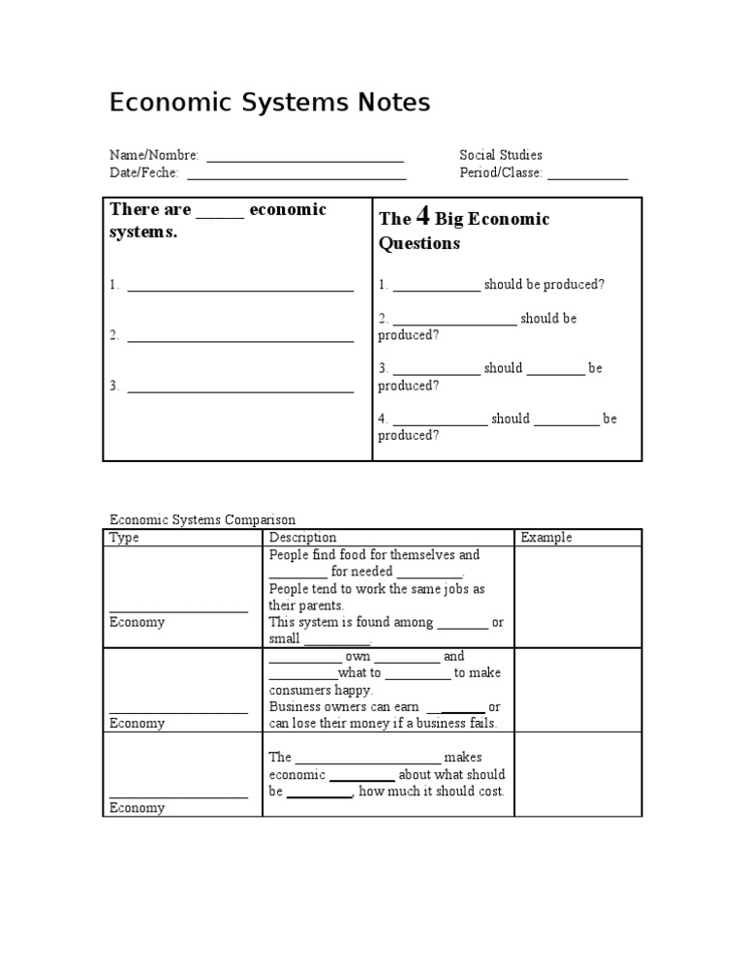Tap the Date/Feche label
coord(143,173)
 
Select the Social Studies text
coord(501,155)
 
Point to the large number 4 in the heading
coord(422,217)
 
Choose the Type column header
coord(124,538)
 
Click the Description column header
coord(302,538)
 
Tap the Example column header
coord(546,538)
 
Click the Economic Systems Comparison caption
coord(202,520)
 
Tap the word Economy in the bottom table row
coord(137,808)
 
